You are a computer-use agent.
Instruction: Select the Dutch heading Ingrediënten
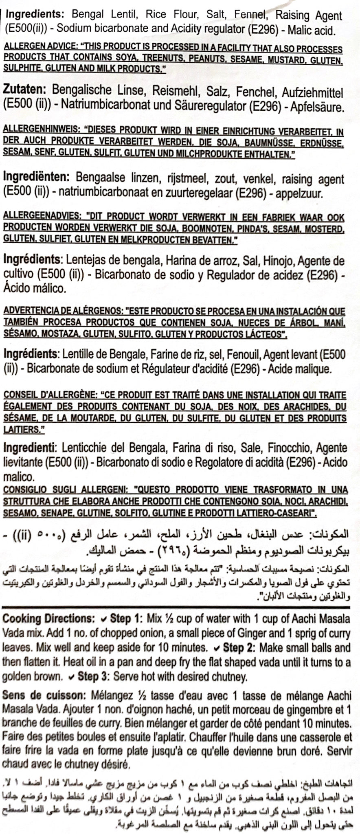(x=36, y=178)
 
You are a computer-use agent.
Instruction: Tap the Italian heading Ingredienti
(x=29, y=447)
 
